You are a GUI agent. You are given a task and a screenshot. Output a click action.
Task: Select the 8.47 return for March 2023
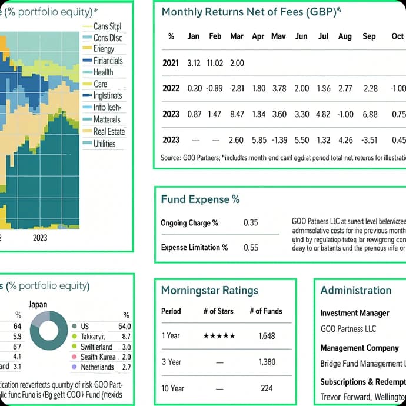pos(237,114)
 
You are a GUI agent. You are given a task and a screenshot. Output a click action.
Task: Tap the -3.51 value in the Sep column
pos(370,140)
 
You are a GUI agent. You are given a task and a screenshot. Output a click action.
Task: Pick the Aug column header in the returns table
pos(345,36)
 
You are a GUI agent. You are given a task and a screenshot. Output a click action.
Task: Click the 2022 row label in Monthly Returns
pos(171,89)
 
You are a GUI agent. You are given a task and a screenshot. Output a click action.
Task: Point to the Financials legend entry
pos(108,61)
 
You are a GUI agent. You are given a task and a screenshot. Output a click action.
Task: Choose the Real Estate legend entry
pos(109,131)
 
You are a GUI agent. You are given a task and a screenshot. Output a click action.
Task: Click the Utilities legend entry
pos(104,144)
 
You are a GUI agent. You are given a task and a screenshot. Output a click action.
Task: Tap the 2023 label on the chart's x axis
pos(40,238)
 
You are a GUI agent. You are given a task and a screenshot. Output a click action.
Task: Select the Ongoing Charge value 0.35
pos(251,223)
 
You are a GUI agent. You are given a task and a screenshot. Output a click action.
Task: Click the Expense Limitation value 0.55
pos(251,248)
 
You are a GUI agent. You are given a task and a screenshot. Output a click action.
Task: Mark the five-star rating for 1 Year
pos(219,336)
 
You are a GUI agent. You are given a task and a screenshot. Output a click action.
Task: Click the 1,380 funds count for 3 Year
pos(267,362)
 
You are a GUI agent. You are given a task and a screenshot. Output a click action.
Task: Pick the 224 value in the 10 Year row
pos(267,388)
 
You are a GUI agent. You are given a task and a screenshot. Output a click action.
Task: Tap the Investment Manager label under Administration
pos(355,314)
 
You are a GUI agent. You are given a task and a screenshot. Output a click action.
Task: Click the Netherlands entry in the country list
pos(97,367)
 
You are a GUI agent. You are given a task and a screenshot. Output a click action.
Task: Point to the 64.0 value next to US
pos(124,326)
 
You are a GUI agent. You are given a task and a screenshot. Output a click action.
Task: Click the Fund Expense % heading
pos(200,199)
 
